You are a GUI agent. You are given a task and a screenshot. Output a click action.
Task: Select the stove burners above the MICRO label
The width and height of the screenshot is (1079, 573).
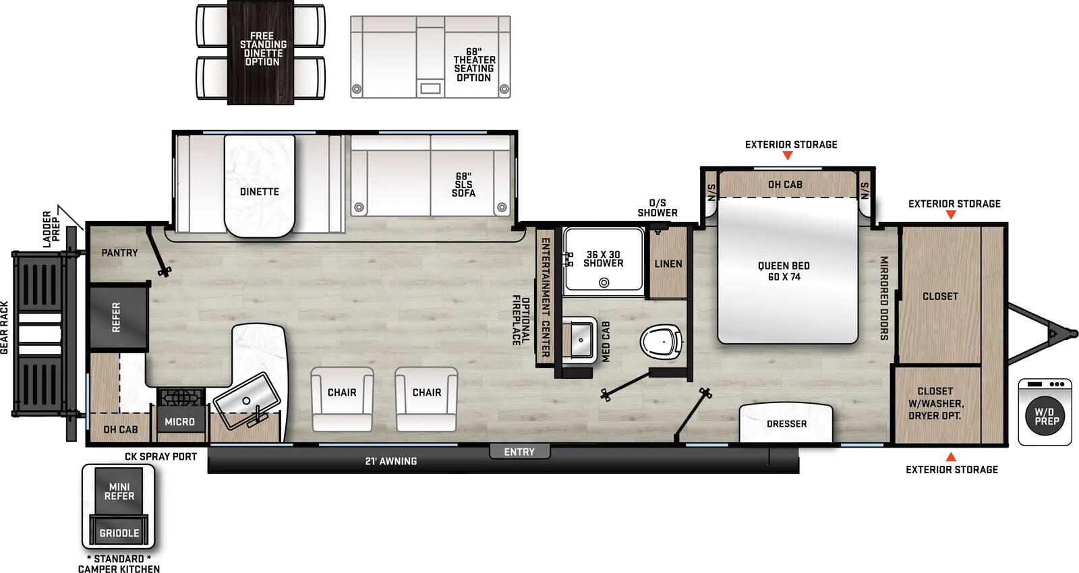coord(179,398)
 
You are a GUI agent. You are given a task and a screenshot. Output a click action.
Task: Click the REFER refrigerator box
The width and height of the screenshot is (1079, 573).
coord(117,317)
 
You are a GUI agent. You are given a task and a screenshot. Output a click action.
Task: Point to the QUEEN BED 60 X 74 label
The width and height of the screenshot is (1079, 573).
coord(784,271)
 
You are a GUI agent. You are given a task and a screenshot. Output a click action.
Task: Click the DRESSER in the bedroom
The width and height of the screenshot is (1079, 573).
coord(786,423)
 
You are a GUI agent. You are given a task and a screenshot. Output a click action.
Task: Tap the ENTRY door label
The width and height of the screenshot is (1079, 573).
coord(519,452)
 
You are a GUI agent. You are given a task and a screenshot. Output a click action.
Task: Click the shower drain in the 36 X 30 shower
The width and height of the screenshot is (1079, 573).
coord(604,282)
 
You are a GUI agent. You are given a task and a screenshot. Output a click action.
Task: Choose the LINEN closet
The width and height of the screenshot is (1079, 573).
coord(668,264)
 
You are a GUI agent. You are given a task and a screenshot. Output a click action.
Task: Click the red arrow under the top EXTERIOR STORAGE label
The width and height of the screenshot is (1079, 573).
coord(787,156)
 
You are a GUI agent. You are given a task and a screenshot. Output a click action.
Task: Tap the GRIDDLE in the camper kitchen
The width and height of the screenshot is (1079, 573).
coord(119,533)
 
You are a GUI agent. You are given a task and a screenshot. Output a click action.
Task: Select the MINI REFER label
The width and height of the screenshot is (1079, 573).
coord(119,491)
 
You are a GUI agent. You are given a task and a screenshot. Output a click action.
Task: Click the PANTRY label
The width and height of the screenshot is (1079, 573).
coord(119,253)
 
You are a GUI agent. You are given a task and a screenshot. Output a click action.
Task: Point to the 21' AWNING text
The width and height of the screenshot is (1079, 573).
coord(391,461)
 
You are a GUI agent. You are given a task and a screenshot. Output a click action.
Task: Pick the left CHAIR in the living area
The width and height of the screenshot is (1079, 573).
coord(342,398)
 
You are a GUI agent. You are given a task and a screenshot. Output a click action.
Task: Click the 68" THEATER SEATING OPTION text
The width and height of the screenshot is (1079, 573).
coord(474,65)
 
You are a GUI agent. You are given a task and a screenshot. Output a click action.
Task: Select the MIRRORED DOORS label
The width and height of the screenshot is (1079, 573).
coord(883,298)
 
